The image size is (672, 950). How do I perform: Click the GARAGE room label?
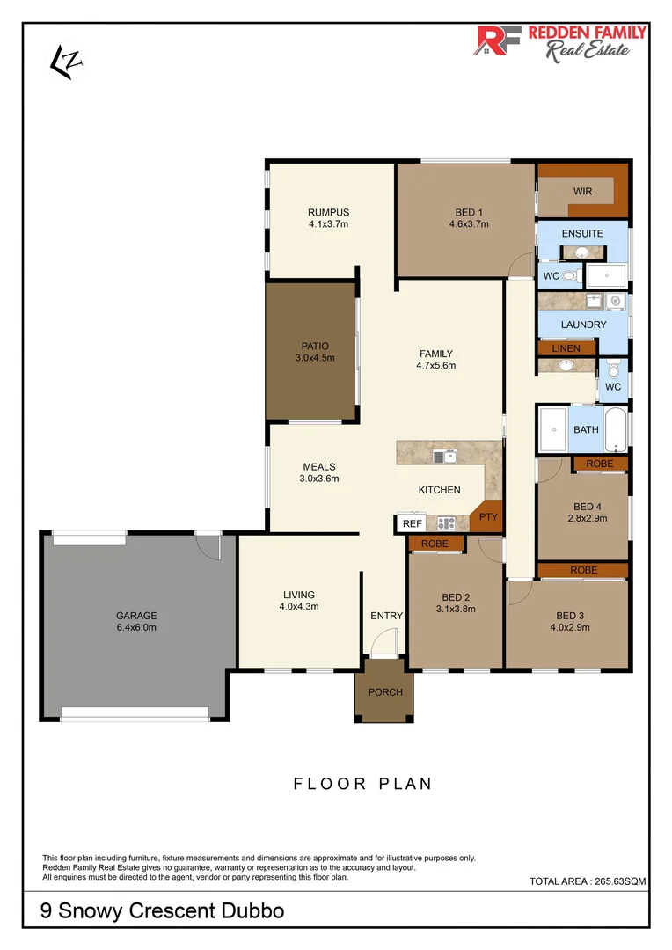coord(136,616)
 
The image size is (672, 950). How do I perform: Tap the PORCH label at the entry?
coord(385,692)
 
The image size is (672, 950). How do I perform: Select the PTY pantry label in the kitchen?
coord(488,518)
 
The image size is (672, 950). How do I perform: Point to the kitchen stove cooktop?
coord(446,523)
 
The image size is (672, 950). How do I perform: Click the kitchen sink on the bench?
coord(444,456)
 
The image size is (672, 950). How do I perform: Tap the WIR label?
coord(582,191)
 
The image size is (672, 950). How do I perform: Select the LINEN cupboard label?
coord(566,348)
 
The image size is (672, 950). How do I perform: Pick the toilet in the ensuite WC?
coord(571,276)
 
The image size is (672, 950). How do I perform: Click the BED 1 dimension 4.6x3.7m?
coord(468,224)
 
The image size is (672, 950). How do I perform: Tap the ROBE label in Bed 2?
coord(435,544)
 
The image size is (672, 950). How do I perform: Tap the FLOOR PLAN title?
coord(362,784)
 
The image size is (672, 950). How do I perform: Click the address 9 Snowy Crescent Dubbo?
coord(162,910)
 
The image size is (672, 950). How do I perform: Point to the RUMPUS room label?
coord(328,212)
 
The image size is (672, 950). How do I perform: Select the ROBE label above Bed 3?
coord(583,570)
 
